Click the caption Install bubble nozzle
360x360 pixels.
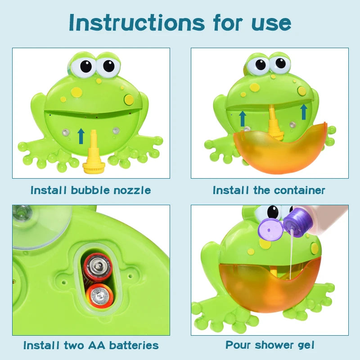coord(90,190)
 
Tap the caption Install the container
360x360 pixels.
coord(269,190)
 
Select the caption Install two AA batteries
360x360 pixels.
coord(91,346)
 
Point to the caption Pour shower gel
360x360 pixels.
coord(270,346)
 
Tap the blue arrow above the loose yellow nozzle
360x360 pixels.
coord(81,135)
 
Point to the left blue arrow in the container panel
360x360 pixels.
coord(243,118)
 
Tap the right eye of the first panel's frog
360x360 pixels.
coord(108,66)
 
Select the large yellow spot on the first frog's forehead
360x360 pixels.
coord(77,92)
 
